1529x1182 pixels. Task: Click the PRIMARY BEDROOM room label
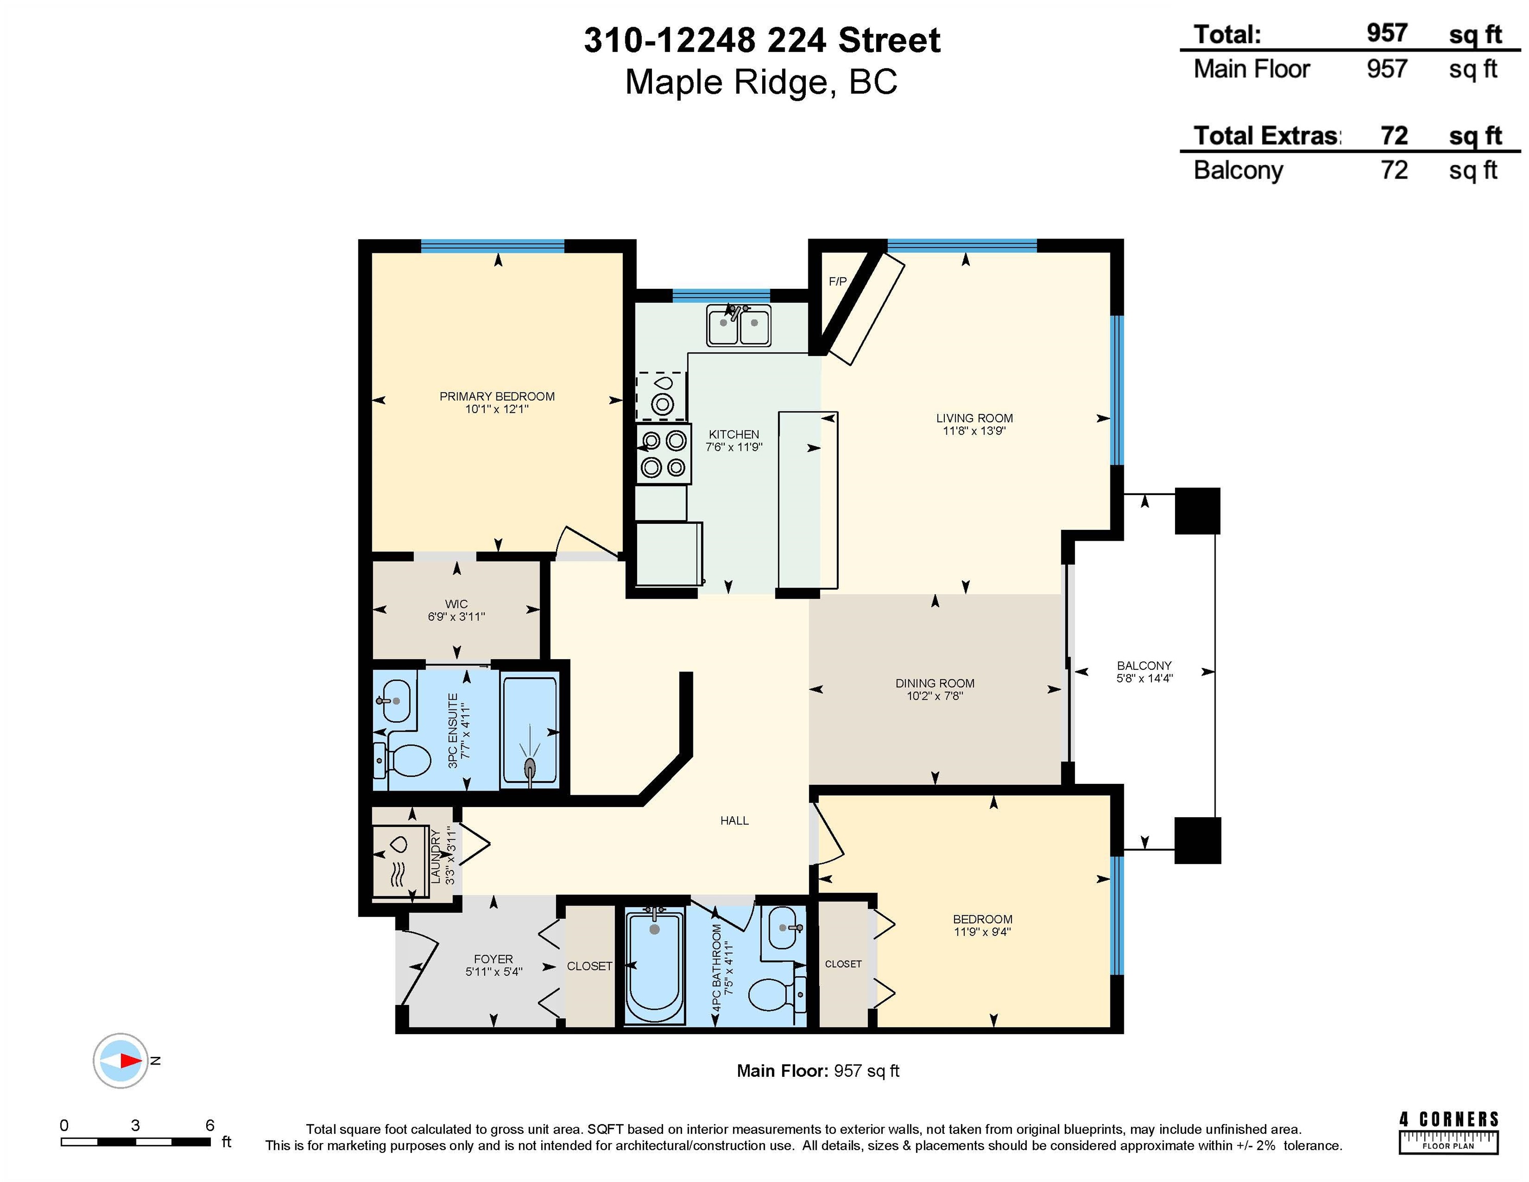pyautogui.click(x=497, y=397)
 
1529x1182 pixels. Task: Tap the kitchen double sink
pyautogui.click(x=738, y=326)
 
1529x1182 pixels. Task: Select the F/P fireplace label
pyautogui.click(x=837, y=282)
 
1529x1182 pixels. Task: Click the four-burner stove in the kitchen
pyautogui.click(x=664, y=453)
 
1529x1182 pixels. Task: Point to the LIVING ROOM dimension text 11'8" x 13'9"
pyautogui.click(x=974, y=430)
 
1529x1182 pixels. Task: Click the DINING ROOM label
pyautogui.click(x=934, y=683)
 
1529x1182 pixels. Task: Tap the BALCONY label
pyautogui.click(x=1143, y=665)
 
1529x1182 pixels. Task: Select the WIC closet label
pyautogui.click(x=456, y=604)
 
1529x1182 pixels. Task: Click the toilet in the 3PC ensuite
pyautogui.click(x=407, y=760)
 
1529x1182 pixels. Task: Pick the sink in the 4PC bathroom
pyautogui.click(x=783, y=928)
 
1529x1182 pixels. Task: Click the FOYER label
pyautogui.click(x=493, y=959)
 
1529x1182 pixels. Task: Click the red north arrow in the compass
pyautogui.click(x=130, y=1061)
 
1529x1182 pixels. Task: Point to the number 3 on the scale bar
pyautogui.click(x=135, y=1125)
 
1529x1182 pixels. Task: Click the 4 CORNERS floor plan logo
pyautogui.click(x=1448, y=1132)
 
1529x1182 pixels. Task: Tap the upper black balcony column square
pyautogui.click(x=1197, y=511)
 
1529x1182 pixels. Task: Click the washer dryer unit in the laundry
pyautogui.click(x=399, y=861)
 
